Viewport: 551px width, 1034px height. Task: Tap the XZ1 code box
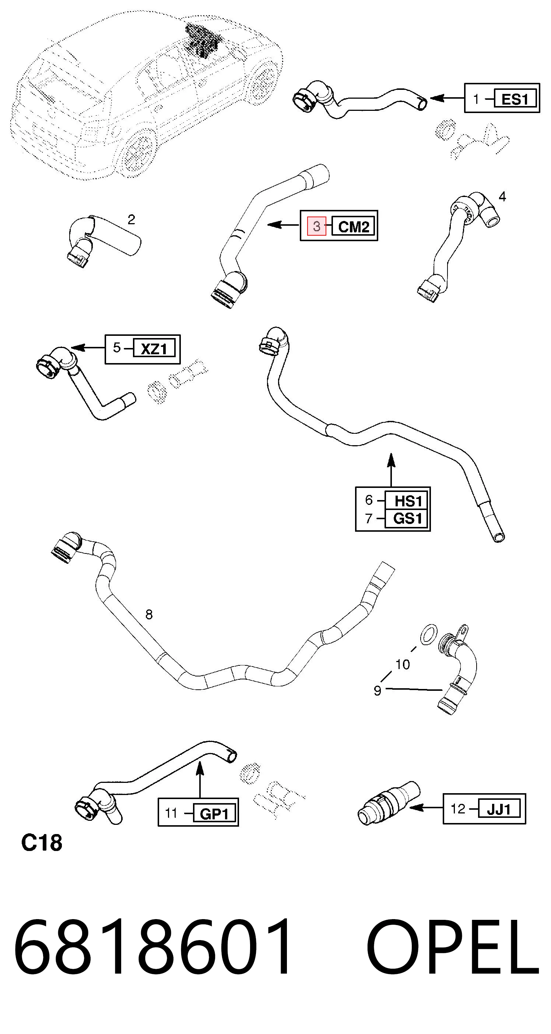[x=155, y=349]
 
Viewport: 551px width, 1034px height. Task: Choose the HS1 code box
[x=407, y=500]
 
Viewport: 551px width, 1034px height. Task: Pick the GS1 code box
[x=407, y=518]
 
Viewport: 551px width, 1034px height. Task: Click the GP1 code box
[x=214, y=814]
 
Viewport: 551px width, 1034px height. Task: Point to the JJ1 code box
[x=499, y=809]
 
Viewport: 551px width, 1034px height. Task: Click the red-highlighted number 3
[x=316, y=226]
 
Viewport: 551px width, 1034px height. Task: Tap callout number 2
[x=131, y=219]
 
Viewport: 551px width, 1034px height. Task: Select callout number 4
[x=502, y=196]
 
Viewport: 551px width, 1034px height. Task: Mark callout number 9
[x=378, y=690]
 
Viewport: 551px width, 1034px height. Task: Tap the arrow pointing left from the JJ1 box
[x=426, y=807]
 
